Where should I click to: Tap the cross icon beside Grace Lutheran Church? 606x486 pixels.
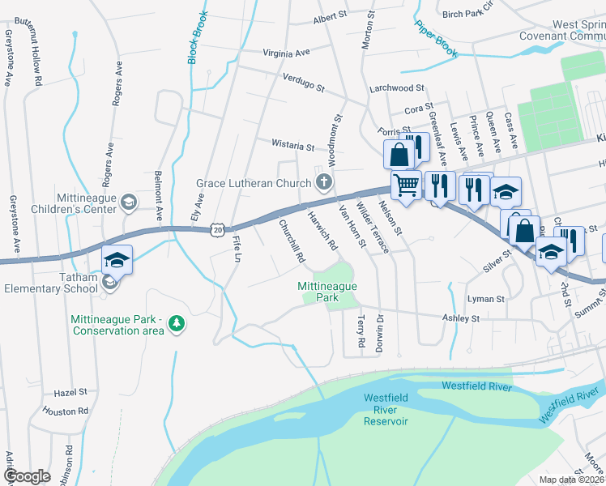pyautogui.click(x=324, y=181)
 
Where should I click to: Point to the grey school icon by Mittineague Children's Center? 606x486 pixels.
pyautogui.click(x=128, y=202)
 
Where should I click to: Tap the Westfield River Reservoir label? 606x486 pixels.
pyautogui.click(x=386, y=409)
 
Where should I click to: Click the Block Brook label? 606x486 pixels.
pyautogui.click(x=198, y=39)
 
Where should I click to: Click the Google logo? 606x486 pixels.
pyautogui.click(x=27, y=476)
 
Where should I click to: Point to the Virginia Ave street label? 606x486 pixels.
pyautogui.click(x=287, y=53)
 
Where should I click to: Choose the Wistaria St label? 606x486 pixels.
pyautogui.click(x=292, y=147)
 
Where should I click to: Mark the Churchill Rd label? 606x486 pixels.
pyautogui.click(x=292, y=241)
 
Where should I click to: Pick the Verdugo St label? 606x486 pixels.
pyautogui.click(x=303, y=82)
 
